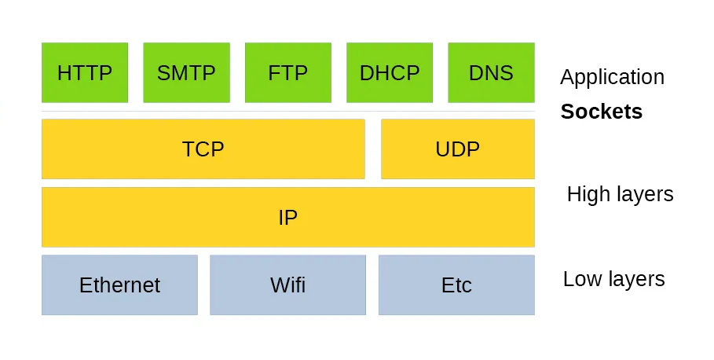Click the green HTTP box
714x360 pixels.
pyautogui.click(x=85, y=72)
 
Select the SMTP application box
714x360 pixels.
pyautogui.click(x=186, y=72)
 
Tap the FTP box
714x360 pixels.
pyautogui.click(x=288, y=72)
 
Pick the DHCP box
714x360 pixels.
pyautogui.click(x=390, y=72)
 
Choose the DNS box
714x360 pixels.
pyautogui.click(x=491, y=72)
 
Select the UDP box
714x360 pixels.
pyautogui.click(x=457, y=149)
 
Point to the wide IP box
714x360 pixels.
pyautogui.click(x=287, y=217)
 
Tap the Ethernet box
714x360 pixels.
pyautogui.click(x=119, y=285)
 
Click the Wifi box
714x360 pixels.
pyautogui.click(x=287, y=285)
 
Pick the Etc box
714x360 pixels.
pyautogui.click(x=456, y=285)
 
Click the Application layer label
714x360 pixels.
pyautogui.click(x=612, y=77)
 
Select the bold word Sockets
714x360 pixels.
pyautogui.click(x=601, y=112)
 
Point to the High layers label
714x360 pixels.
pyautogui.click(x=620, y=194)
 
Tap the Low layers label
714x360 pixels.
pyautogui.click(x=613, y=279)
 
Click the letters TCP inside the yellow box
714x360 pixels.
pyautogui.click(x=203, y=149)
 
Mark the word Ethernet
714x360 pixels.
pyautogui.click(x=119, y=285)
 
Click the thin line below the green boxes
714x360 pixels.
pyautogui.click(x=287, y=111)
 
